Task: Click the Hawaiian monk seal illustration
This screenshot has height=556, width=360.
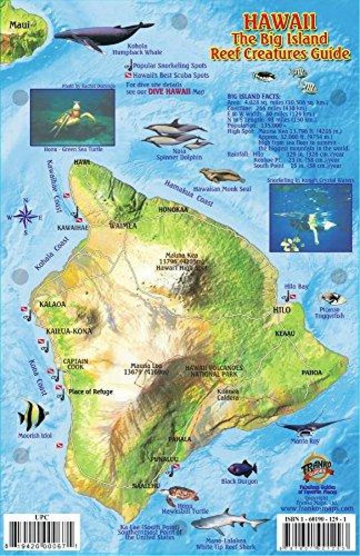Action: (x=222, y=175)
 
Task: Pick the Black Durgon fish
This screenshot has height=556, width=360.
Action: (x=242, y=469)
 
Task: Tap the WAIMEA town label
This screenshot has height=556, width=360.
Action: (x=123, y=226)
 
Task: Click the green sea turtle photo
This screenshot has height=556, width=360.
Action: (x=72, y=114)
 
